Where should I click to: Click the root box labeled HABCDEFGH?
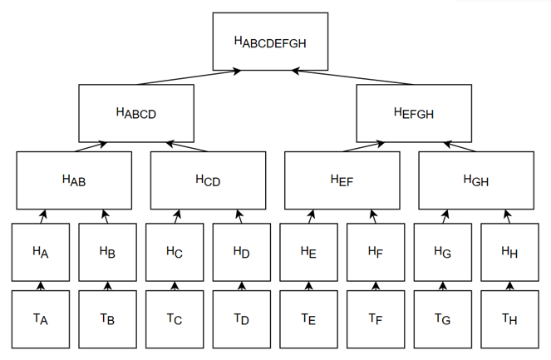pyautogui.click(x=270, y=41)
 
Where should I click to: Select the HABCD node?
pyautogui.click(x=135, y=112)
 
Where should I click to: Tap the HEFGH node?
pyautogui.click(x=413, y=112)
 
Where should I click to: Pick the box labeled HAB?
pyautogui.click(x=74, y=180)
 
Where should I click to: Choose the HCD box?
pyautogui.click(x=208, y=180)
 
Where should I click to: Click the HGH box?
pyautogui.click(x=476, y=180)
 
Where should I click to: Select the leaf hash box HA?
pyautogui.click(x=40, y=251)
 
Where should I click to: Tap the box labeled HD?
pyautogui.click(x=241, y=251)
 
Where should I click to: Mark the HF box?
pyautogui.click(x=376, y=251)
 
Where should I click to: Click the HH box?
pyautogui.click(x=509, y=251)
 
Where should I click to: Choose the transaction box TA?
pyautogui.click(x=40, y=318)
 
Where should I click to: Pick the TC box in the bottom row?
pyautogui.click(x=175, y=318)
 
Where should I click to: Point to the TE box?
pyautogui.click(x=308, y=318)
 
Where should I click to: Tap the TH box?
pyautogui.click(x=509, y=318)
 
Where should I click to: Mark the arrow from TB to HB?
pyautogui.click(x=107, y=286)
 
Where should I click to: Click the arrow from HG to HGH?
pyautogui.click(x=445, y=216)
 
